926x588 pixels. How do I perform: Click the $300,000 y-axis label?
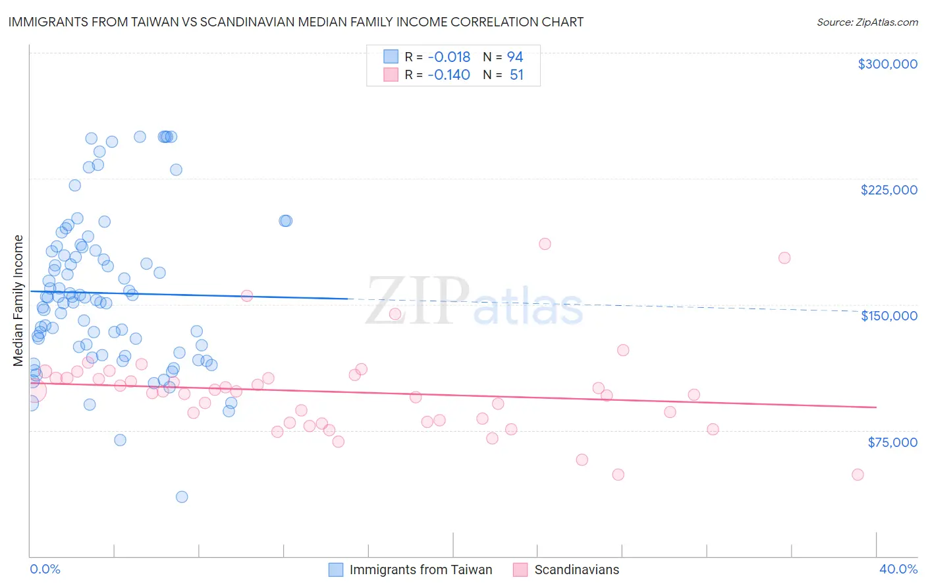[x=887, y=64]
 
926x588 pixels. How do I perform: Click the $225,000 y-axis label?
[x=888, y=190]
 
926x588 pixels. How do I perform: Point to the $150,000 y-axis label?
[x=888, y=316]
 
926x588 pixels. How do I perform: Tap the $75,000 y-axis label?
[x=892, y=442]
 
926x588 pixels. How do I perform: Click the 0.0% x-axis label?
[x=45, y=569]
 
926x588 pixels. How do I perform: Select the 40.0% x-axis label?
[x=898, y=569]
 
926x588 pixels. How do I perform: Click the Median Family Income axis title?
[x=18, y=301]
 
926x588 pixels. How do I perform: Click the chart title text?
[x=296, y=22]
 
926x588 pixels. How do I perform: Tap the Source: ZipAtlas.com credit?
[x=867, y=22]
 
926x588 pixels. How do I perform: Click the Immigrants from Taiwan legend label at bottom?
[x=420, y=570]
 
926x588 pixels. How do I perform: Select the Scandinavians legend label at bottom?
[x=576, y=570]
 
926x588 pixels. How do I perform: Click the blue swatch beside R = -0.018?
[x=391, y=57]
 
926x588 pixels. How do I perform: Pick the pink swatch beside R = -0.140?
[x=391, y=74]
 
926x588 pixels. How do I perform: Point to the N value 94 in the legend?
[x=515, y=57]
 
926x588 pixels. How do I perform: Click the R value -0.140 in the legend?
[x=449, y=74]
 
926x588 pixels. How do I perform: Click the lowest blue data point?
[x=182, y=496]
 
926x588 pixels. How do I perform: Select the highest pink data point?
[x=545, y=244]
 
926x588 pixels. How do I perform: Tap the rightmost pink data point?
[x=858, y=475]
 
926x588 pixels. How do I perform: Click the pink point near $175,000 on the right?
[x=784, y=258]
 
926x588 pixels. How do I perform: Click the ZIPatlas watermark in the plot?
[x=474, y=302]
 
